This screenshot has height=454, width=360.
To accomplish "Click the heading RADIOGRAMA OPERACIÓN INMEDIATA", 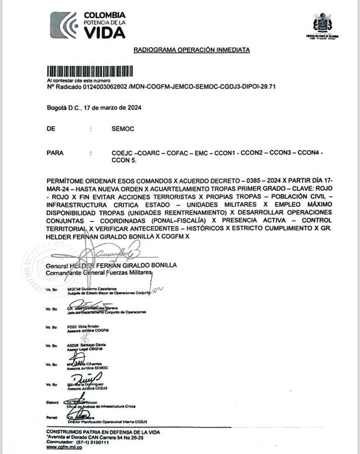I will pyautogui.click(x=191, y=50).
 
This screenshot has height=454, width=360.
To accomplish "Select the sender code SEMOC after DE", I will pyautogui.click(x=123, y=129).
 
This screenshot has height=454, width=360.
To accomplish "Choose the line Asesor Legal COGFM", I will pyautogui.click(x=85, y=349).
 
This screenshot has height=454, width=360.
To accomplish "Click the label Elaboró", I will pyautogui.click(x=53, y=401).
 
